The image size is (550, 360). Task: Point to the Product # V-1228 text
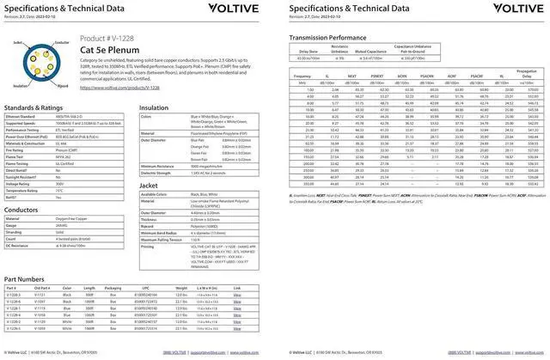[107, 39]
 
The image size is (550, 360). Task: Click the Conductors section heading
[23, 209]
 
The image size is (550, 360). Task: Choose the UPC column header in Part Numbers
[145, 289]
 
